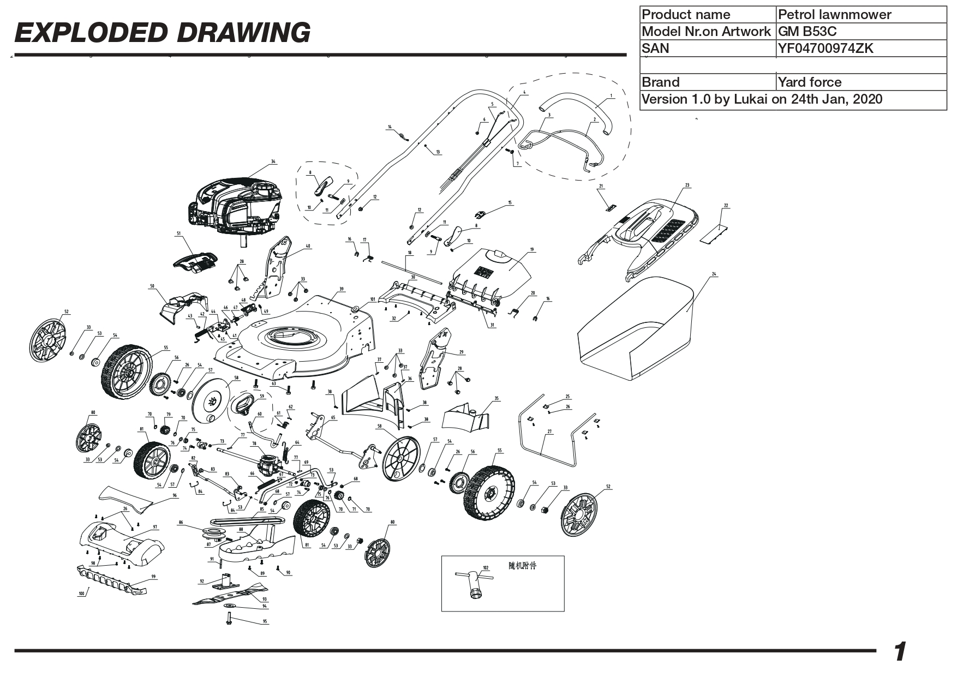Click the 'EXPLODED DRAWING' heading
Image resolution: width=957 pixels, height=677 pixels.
click(162, 33)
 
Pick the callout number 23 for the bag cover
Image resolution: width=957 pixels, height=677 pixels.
click(687, 185)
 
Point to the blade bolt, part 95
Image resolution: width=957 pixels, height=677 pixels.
click(229, 619)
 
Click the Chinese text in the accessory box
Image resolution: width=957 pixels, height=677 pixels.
click(522, 566)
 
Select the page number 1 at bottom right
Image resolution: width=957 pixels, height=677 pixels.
click(900, 652)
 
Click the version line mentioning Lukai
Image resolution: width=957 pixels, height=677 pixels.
click(762, 99)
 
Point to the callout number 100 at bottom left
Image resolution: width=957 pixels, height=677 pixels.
click(81, 594)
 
